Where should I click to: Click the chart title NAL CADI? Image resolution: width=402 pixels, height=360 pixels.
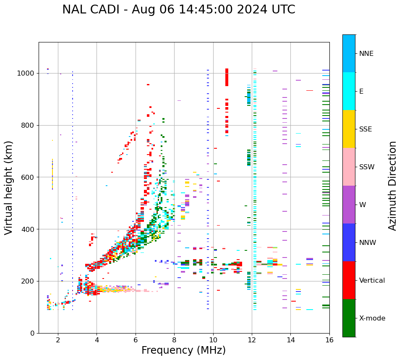(x=178, y=10)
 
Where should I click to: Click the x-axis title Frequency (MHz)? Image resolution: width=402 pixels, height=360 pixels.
(x=183, y=350)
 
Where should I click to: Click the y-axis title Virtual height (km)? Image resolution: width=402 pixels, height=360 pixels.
(x=9, y=187)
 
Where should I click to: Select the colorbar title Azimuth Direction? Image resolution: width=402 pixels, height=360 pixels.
(x=392, y=185)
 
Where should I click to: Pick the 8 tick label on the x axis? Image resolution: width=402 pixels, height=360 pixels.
(x=174, y=340)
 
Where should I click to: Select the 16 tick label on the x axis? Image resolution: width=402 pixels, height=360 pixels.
(x=329, y=340)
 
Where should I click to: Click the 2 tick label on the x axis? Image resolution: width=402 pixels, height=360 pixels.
(x=58, y=340)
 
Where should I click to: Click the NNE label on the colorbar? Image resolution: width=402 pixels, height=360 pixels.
(x=366, y=54)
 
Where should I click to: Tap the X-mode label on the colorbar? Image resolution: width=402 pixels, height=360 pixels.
(x=372, y=318)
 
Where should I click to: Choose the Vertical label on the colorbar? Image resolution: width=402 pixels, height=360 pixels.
(x=372, y=281)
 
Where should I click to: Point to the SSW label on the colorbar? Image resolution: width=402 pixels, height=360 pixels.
(x=367, y=167)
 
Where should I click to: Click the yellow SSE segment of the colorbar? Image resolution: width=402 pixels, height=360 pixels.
(x=349, y=129)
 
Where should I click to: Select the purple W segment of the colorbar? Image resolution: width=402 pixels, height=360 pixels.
(x=349, y=205)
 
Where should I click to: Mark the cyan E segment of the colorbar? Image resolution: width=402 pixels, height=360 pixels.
(x=349, y=91)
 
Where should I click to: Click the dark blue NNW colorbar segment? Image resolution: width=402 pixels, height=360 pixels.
(x=349, y=242)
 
